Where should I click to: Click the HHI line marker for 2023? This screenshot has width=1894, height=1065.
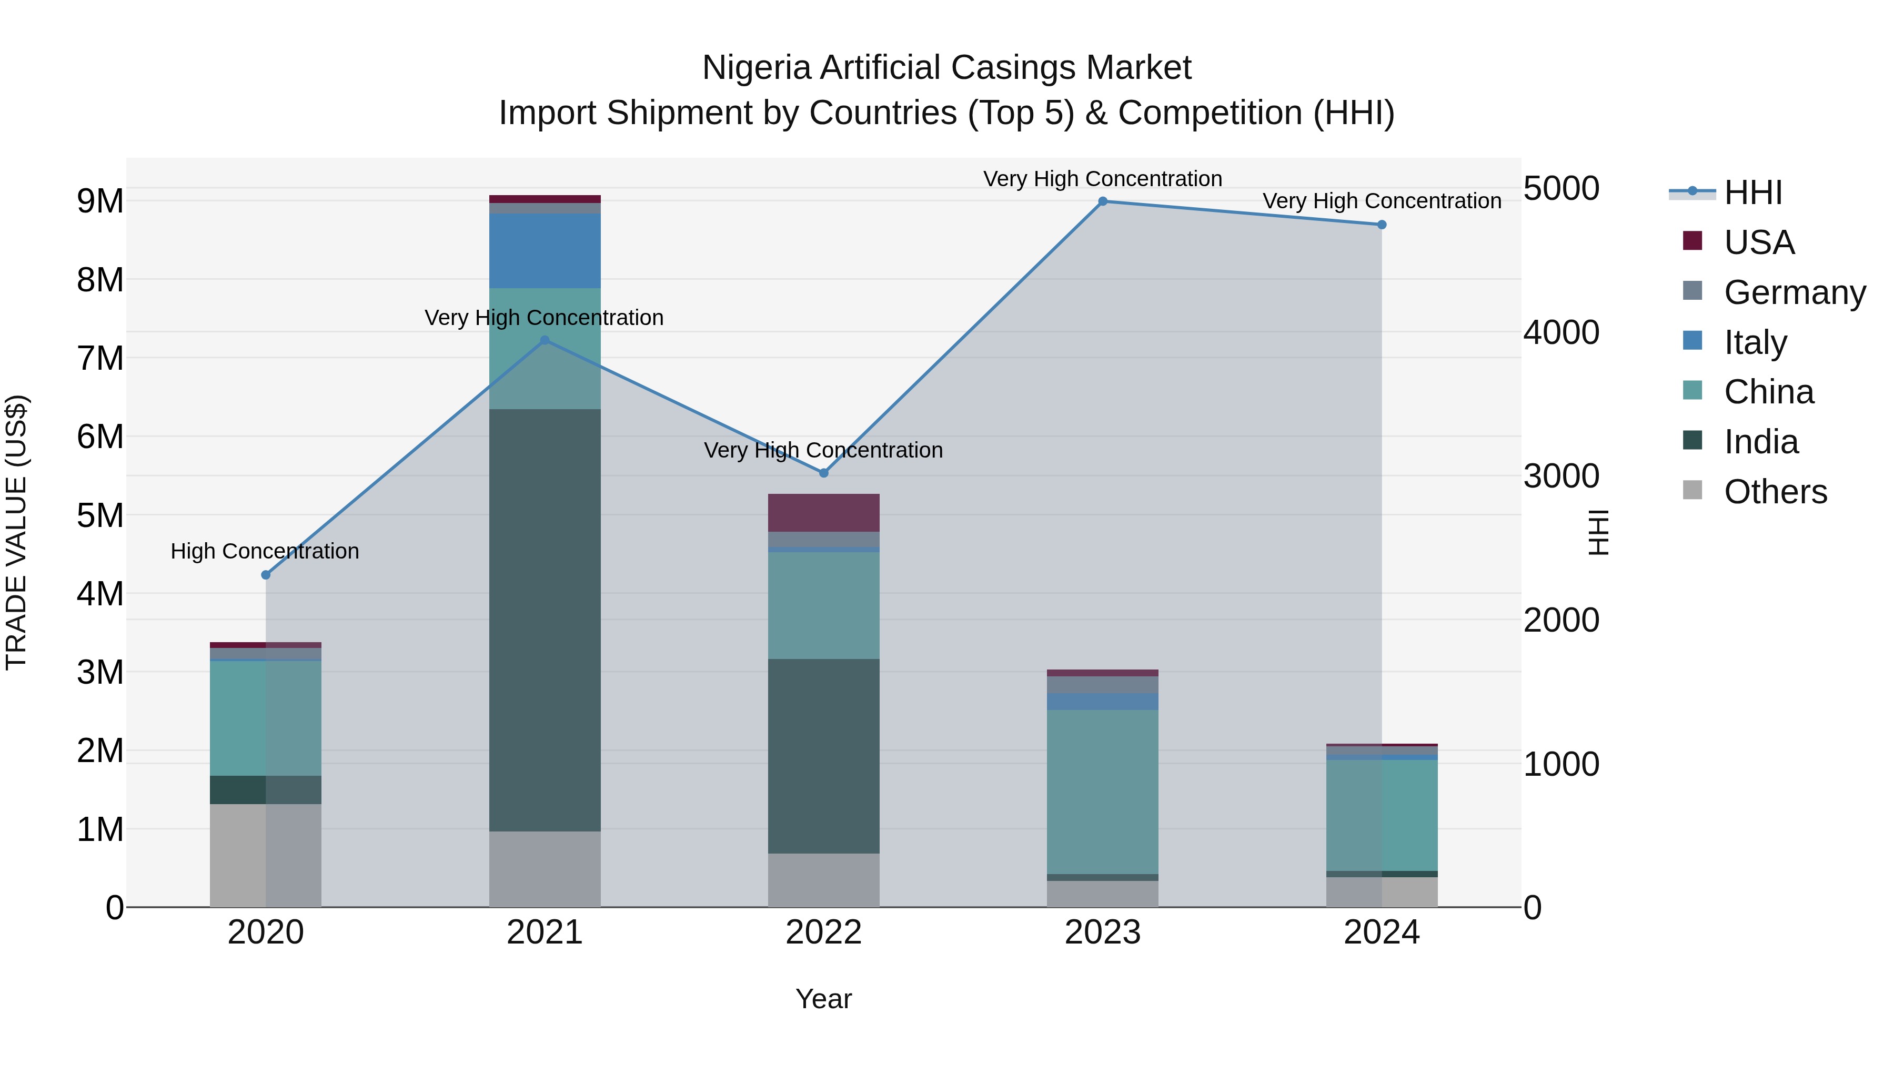[1102, 201]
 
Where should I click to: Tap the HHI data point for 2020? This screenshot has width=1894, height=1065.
[266, 575]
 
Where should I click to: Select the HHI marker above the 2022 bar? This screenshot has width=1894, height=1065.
[823, 473]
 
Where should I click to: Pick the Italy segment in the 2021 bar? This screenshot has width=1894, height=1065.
[545, 251]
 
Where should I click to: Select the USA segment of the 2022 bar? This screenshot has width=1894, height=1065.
[823, 512]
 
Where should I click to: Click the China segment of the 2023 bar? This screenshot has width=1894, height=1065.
[1102, 791]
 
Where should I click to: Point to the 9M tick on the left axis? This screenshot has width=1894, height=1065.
[100, 201]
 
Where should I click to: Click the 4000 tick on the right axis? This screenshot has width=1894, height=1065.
[1561, 332]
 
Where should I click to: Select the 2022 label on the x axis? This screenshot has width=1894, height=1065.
[823, 932]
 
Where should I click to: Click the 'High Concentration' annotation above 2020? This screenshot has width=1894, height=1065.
[265, 551]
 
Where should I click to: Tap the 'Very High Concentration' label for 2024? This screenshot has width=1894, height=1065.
[1382, 201]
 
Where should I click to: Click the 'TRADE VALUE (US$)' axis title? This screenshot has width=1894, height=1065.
[16, 532]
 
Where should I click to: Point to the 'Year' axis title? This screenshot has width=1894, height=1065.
[823, 999]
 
